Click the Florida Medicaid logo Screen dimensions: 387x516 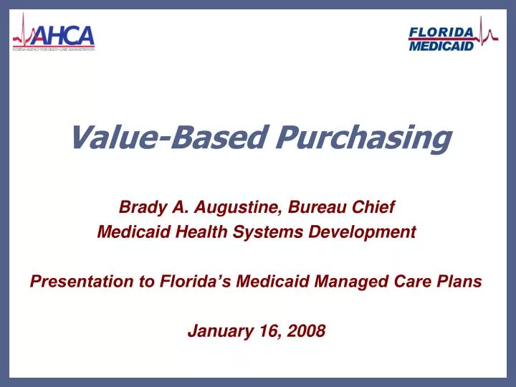451,37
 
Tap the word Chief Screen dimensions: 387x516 375,208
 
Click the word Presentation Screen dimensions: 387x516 75,282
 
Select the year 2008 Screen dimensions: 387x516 308,331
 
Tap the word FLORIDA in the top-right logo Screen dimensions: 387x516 441,31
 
